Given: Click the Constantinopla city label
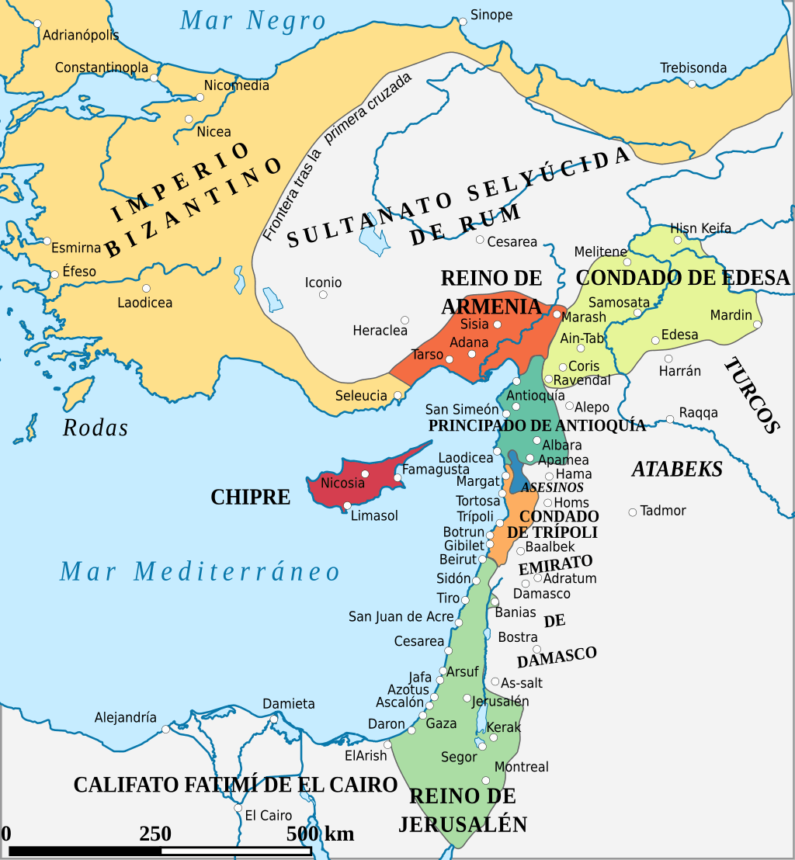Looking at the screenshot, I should (101, 68).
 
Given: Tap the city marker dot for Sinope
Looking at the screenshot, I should (463, 22).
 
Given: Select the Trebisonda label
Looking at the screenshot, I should (693, 68).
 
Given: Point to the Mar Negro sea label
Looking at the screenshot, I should (252, 21).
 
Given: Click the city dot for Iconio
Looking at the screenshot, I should (323, 295).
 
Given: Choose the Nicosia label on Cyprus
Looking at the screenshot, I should (342, 483).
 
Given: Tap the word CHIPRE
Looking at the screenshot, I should (250, 498).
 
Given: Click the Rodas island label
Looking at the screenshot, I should (95, 428).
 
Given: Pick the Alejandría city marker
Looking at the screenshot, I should (165, 730).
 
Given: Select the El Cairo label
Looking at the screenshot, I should (269, 816).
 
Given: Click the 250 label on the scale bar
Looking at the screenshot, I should (155, 834).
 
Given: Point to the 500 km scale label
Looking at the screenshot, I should (320, 834).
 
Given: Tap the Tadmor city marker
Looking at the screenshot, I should (633, 512).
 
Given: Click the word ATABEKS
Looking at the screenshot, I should (677, 469).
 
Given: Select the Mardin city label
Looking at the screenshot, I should (731, 315).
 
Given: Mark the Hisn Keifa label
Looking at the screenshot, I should (700, 228).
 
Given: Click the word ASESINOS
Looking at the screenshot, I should (552, 487).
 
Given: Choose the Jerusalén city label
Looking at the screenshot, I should (500, 701).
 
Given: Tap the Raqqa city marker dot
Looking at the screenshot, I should (670, 419).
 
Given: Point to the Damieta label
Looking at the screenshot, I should (288, 704).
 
